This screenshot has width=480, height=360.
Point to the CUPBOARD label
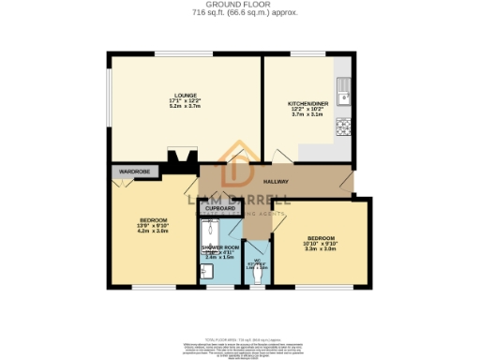pyautogui.click(x=220, y=208)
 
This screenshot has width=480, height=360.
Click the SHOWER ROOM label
pyautogui.click(x=220, y=247)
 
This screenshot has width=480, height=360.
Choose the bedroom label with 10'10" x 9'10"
pyautogui.click(x=321, y=238)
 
